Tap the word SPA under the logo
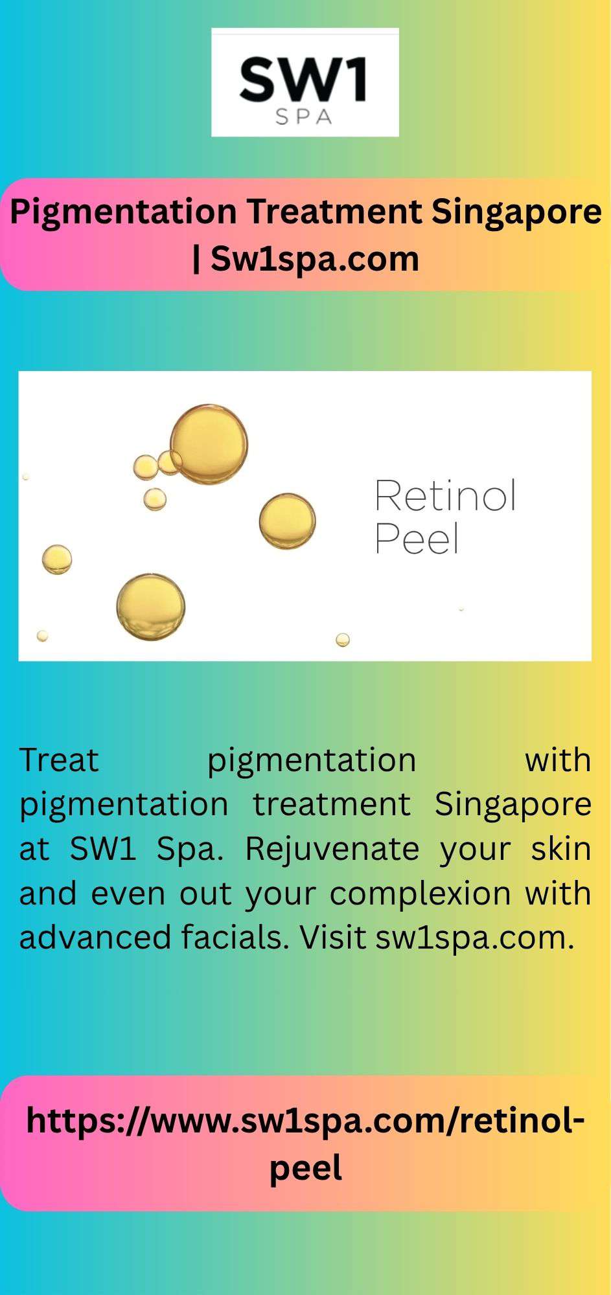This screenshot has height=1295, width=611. click(x=304, y=117)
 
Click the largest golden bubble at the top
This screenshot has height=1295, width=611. click(x=209, y=444)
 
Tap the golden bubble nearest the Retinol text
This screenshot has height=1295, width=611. click(x=287, y=521)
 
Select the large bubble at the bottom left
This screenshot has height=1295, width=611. click(x=151, y=607)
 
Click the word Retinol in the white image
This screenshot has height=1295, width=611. click(x=446, y=496)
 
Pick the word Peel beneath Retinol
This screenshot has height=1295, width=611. click(x=417, y=539)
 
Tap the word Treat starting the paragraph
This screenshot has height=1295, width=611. click(x=59, y=760)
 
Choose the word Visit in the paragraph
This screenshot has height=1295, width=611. click(x=333, y=937)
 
